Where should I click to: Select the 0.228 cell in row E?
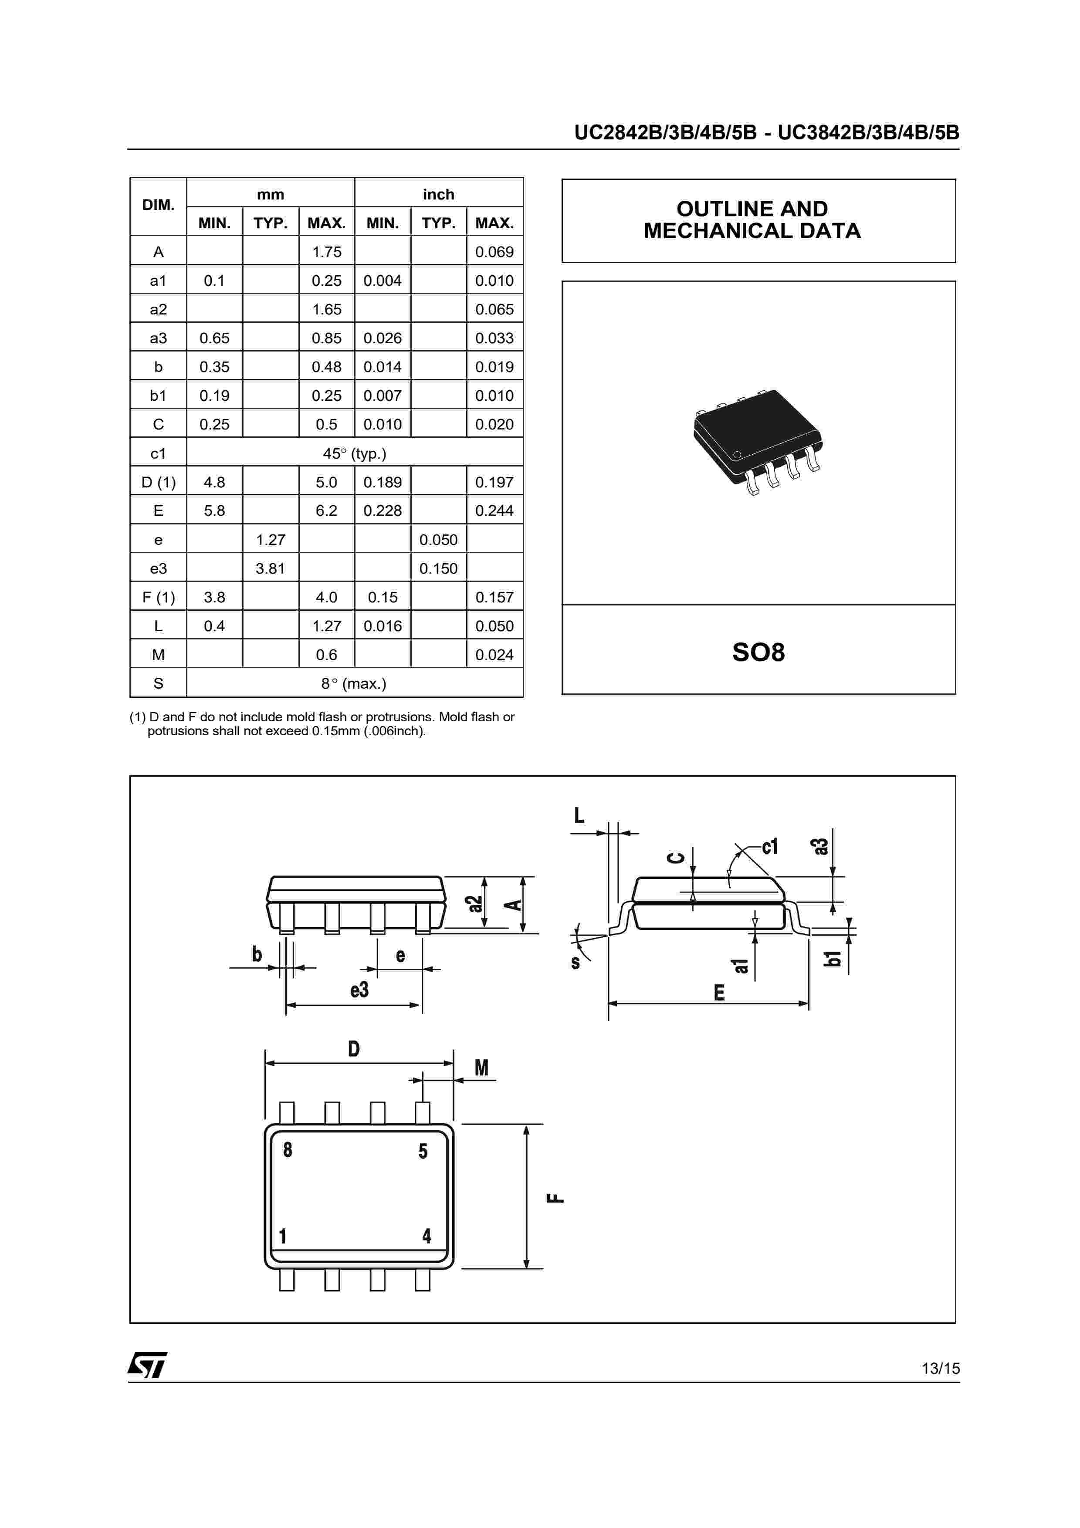[x=383, y=511]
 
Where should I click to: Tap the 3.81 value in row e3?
[x=270, y=568]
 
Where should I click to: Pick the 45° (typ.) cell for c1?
[x=354, y=454]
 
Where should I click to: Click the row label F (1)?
[x=159, y=598]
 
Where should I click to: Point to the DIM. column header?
[x=159, y=205]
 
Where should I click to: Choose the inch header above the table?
[x=439, y=194]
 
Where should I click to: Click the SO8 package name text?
[x=758, y=652]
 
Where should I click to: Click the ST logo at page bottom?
[x=147, y=1366]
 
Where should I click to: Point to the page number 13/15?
[x=940, y=1368]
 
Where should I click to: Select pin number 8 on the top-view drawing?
[x=288, y=1150]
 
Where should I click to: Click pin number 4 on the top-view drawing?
[x=427, y=1236]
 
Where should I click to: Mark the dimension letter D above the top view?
[x=354, y=1049]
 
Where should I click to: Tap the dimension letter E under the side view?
[x=719, y=993]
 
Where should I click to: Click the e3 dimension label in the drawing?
[x=359, y=990]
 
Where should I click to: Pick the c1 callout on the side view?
[x=770, y=846]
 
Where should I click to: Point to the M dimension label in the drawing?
[x=481, y=1068]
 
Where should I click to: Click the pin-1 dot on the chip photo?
[x=737, y=455]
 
